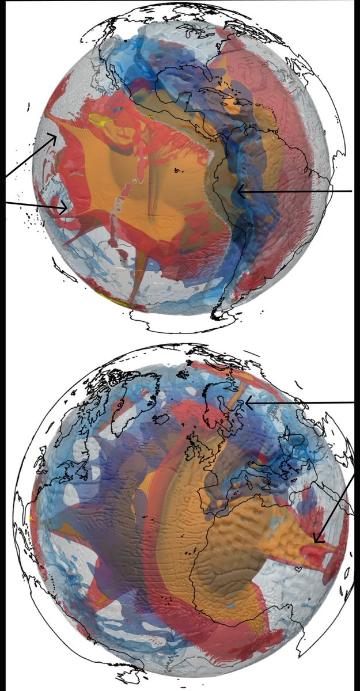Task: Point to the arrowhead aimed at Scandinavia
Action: coord(245,403)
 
